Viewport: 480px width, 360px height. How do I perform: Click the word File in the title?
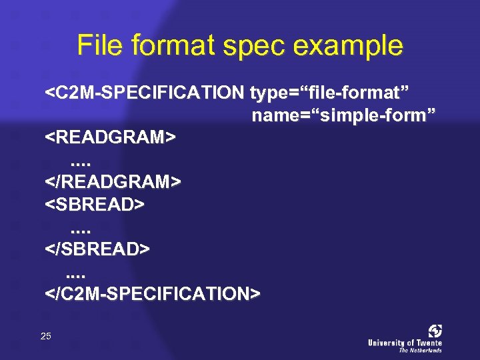pyautogui.click(x=99, y=46)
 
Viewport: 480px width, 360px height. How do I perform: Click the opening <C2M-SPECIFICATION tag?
pyautogui.click(x=144, y=93)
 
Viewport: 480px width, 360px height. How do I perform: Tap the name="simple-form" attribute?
pyautogui.click(x=343, y=115)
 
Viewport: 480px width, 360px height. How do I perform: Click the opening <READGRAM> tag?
pyautogui.click(x=110, y=137)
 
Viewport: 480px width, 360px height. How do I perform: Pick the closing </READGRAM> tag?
pyautogui.click(x=113, y=181)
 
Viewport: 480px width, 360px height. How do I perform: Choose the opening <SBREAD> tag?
pyautogui.click(x=94, y=204)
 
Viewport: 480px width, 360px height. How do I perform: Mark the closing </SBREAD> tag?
pyautogui.click(x=97, y=249)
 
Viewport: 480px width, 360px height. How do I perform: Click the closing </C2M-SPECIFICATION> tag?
pyautogui.click(x=153, y=293)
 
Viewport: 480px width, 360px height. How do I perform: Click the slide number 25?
pyautogui.click(x=45, y=336)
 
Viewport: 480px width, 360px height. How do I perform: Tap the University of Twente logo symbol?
pyautogui.click(x=435, y=331)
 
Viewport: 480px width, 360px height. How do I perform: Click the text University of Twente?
pyautogui.click(x=405, y=343)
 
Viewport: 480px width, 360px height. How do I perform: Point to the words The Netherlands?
pyautogui.click(x=420, y=350)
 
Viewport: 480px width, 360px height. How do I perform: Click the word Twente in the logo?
pyautogui.click(x=427, y=343)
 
